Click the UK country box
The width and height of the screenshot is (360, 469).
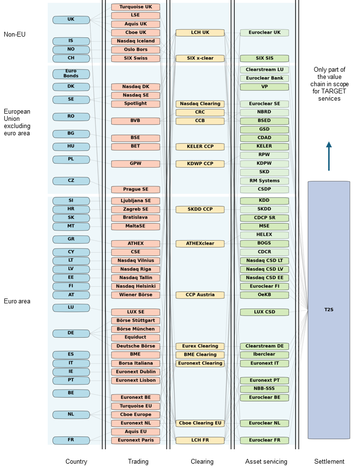click(x=71, y=20)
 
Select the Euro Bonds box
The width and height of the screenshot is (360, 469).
click(x=71, y=74)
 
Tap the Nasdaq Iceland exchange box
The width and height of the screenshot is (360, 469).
click(x=135, y=41)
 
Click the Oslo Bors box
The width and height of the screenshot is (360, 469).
click(x=135, y=50)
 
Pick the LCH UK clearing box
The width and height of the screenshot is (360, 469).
click(x=200, y=33)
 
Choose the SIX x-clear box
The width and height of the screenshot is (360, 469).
click(x=200, y=58)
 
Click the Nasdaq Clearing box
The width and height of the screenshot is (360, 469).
click(x=200, y=104)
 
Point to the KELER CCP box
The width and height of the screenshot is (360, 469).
click(x=200, y=146)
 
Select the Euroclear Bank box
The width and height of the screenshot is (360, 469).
click(x=265, y=78)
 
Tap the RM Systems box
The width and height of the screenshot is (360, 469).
click(x=265, y=181)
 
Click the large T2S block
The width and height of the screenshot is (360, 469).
click(x=329, y=310)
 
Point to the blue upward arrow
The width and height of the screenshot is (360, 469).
click(x=329, y=156)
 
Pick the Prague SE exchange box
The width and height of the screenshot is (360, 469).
click(x=135, y=189)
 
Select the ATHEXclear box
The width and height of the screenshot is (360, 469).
click(x=200, y=243)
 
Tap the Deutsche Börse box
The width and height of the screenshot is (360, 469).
click(x=135, y=346)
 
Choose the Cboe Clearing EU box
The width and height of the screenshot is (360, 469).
click(x=200, y=423)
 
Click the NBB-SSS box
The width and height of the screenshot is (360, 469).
click(x=265, y=389)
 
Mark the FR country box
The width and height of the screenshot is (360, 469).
click(x=71, y=440)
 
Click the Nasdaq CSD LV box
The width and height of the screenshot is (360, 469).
click(x=265, y=269)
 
